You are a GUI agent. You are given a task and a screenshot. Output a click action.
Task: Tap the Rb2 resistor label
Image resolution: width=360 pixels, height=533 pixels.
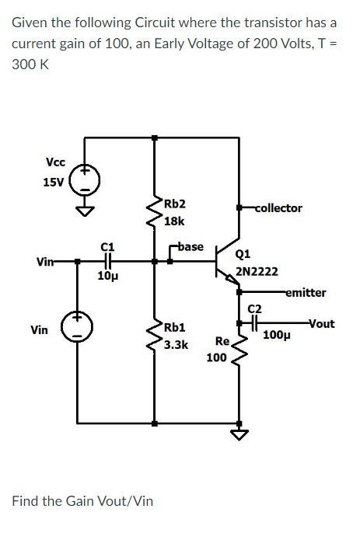click(174, 204)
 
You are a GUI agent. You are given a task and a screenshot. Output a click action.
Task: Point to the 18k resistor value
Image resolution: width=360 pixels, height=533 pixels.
click(175, 221)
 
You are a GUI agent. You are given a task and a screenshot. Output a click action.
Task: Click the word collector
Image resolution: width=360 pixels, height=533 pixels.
click(278, 208)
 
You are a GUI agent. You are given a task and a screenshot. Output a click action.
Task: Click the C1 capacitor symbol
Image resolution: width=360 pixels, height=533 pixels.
click(109, 263)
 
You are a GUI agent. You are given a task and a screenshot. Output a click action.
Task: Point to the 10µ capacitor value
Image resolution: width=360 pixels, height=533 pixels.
click(108, 277)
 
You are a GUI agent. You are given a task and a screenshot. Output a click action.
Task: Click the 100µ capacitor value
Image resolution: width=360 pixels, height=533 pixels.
click(277, 336)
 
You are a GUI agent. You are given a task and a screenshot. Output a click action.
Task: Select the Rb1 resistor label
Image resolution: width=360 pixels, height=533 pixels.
click(174, 326)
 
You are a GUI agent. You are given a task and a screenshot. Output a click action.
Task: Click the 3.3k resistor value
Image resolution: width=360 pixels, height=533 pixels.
click(176, 343)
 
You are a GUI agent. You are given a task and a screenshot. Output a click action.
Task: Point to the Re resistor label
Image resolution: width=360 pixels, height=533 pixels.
click(222, 341)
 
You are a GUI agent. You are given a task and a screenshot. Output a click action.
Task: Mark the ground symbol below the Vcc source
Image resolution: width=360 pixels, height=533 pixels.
click(86, 208)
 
